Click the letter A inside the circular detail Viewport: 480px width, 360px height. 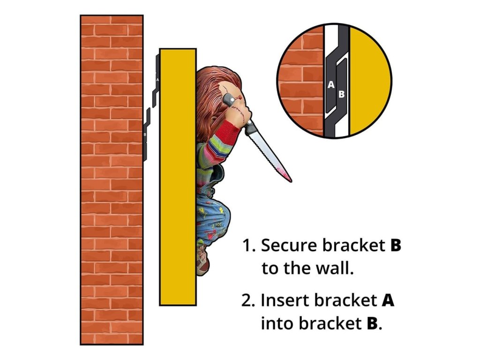[331, 85]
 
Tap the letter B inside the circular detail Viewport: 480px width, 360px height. [342, 94]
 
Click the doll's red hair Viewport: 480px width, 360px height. [209, 84]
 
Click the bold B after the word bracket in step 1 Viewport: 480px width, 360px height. [396, 246]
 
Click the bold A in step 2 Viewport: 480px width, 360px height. [388, 300]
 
